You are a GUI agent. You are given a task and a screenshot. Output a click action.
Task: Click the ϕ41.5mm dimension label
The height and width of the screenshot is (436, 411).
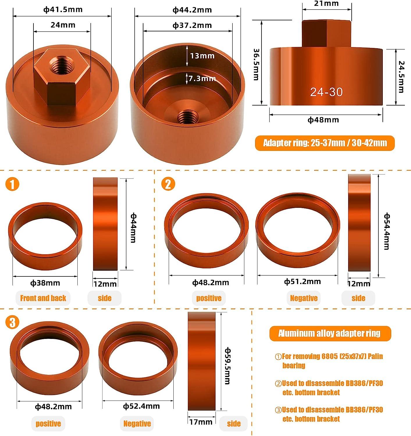click(63, 10)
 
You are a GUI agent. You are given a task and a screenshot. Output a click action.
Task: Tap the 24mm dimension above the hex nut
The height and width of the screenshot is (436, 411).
click(63, 25)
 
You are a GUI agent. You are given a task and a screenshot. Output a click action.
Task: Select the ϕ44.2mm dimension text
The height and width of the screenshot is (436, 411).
click(192, 10)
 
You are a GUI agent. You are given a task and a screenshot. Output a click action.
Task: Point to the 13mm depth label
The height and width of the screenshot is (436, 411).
click(202, 56)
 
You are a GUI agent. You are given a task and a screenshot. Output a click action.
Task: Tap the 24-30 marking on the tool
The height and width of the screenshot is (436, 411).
click(326, 92)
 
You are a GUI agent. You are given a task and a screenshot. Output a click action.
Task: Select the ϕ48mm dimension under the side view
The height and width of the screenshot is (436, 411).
click(323, 120)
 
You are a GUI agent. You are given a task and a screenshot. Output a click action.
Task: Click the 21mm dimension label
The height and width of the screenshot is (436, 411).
click(326, 3)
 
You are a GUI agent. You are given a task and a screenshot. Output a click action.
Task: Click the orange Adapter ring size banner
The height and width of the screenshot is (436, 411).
click(325, 143)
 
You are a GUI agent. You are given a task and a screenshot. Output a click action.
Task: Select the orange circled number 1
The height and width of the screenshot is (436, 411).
click(12, 184)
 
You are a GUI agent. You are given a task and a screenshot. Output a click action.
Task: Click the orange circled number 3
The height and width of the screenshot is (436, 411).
click(12, 322)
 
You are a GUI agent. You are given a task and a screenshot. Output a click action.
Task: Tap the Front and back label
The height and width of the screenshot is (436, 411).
click(43, 298)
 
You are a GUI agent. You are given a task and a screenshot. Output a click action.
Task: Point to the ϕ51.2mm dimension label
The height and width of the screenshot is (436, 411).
click(302, 281)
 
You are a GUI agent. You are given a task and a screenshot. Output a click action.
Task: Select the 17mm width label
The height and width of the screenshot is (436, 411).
click(201, 422)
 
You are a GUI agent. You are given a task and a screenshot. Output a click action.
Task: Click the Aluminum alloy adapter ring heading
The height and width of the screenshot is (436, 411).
click(330, 333)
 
